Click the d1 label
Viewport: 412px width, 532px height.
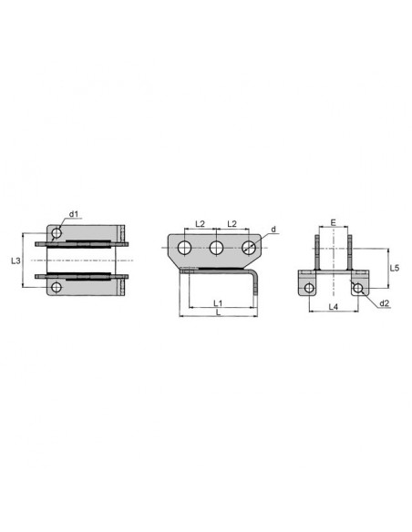pos(74,214)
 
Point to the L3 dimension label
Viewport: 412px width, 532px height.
pos(15,261)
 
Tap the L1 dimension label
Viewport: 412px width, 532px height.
pos(218,302)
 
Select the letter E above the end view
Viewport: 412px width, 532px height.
pos(334,222)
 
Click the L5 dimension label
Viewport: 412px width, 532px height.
pos(395,268)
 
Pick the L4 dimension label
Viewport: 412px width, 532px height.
pos(334,307)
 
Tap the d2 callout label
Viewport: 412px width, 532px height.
pos(384,303)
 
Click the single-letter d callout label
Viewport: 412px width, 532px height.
pos(273,230)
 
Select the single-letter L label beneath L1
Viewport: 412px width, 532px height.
pos(218,312)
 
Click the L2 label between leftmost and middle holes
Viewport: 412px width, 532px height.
pos(201,223)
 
